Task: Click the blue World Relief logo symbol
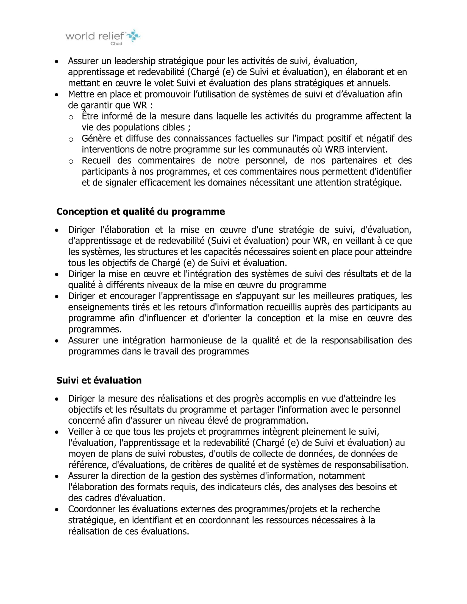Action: point(134,35)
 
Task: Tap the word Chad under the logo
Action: point(116,44)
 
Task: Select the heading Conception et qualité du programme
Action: point(141,212)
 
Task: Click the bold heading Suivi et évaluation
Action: point(99,380)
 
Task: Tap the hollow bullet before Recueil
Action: point(71,161)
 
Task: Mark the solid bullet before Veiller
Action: point(57,432)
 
